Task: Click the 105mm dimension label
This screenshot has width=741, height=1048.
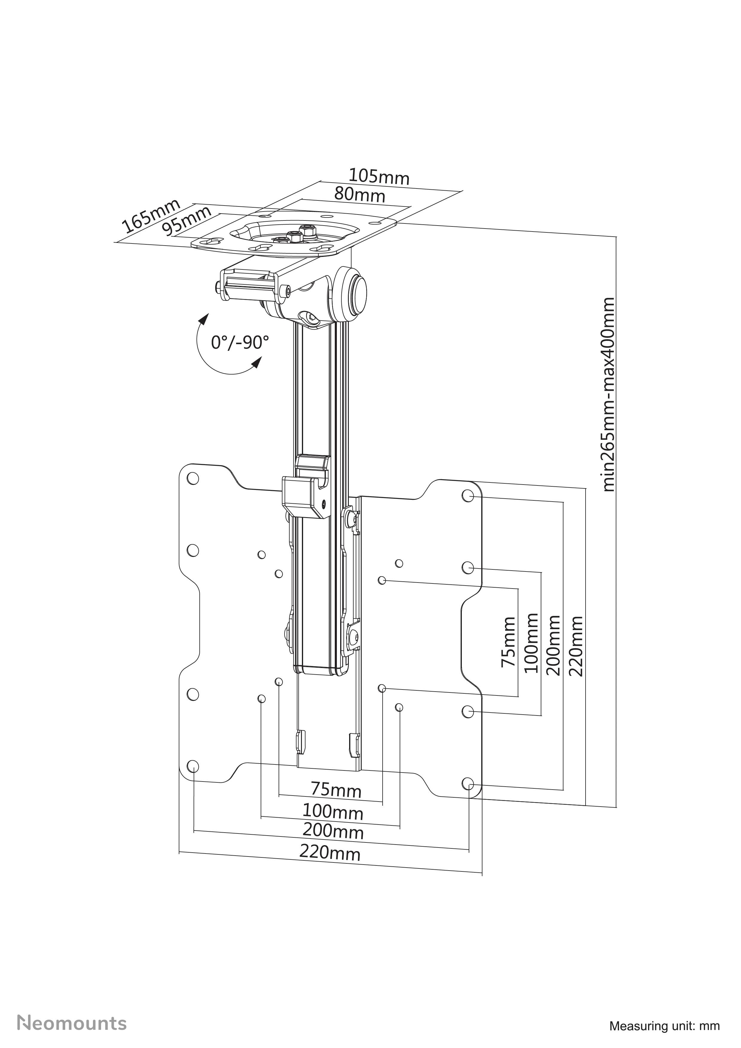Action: click(379, 177)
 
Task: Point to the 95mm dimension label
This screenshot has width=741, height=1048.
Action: click(188, 220)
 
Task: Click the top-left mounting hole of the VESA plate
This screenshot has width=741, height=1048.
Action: click(193, 479)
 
